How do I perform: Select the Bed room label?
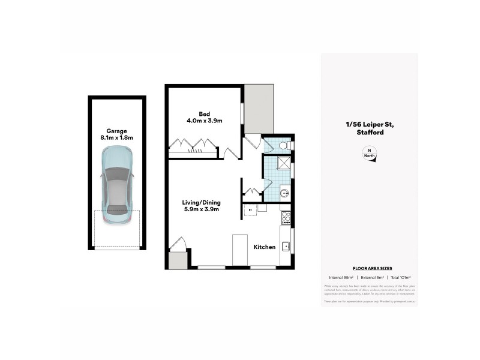point(204,113)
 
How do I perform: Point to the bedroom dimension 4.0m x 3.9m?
point(204,121)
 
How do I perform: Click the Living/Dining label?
point(200,203)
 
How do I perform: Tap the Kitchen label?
point(264,247)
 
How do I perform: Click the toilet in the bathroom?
point(285,145)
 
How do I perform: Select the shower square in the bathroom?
point(284,163)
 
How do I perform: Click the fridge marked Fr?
point(250,210)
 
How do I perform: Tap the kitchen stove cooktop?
point(286,217)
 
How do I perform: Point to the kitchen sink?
point(286,245)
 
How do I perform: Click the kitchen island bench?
point(240,249)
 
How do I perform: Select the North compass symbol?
point(368,154)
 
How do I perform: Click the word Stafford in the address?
point(368,132)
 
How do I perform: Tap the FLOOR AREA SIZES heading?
point(368,269)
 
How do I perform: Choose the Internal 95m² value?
point(340,277)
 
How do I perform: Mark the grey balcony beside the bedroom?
point(259,108)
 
